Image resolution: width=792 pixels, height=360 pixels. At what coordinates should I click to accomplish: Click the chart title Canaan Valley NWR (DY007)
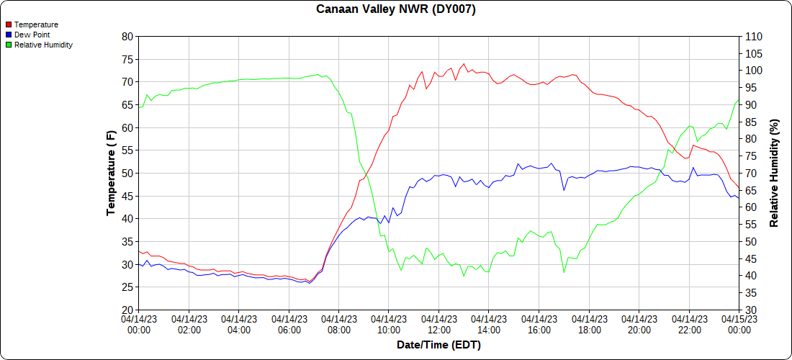point(396,9)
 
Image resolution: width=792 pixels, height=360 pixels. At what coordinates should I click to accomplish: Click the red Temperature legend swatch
point(9,24)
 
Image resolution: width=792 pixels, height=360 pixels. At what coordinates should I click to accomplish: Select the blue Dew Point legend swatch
point(9,35)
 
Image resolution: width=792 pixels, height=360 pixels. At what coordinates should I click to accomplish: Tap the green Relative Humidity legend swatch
point(9,45)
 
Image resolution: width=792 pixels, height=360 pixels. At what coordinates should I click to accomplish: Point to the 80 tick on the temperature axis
point(127,36)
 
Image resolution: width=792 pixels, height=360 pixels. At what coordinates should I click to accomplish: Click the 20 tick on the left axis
point(127,310)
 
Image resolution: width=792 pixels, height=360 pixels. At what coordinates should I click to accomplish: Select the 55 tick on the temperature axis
point(127,150)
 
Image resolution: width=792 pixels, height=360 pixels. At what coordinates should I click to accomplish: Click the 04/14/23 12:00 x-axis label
point(438,323)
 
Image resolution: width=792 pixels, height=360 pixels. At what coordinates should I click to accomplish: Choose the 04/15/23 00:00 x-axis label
point(739,323)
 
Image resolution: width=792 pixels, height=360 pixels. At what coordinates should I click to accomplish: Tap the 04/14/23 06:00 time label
point(289,323)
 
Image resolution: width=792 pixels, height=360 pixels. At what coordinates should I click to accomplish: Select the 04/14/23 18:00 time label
point(589,323)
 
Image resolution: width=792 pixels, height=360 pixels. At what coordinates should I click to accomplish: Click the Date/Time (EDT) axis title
point(438,345)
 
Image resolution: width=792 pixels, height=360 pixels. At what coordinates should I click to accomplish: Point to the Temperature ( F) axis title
point(111,173)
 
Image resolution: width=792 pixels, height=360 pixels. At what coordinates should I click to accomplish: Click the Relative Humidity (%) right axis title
point(775,173)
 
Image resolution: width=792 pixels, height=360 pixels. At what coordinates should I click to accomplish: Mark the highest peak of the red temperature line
point(464,64)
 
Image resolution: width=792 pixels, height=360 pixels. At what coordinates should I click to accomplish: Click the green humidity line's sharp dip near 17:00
point(564,272)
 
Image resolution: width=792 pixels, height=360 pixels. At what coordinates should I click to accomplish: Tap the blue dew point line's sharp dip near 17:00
point(564,190)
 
